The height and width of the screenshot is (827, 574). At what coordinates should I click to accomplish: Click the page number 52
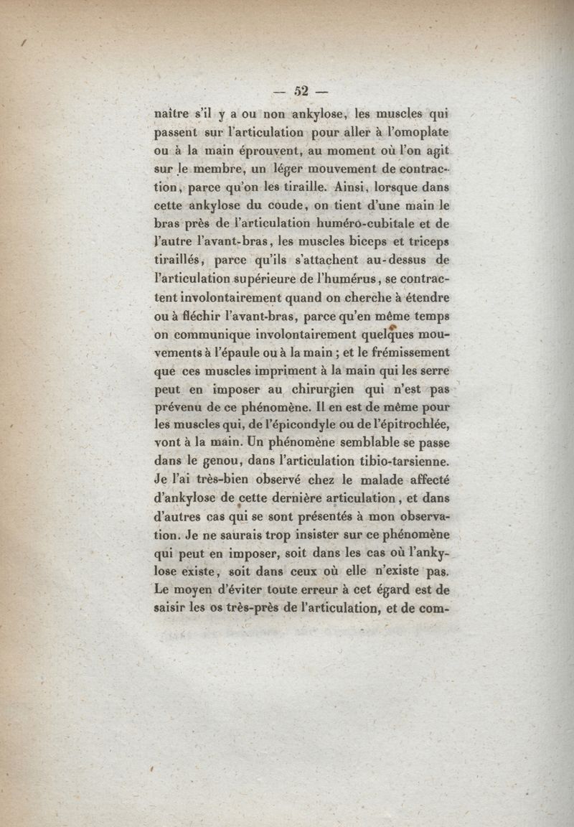(299, 90)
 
